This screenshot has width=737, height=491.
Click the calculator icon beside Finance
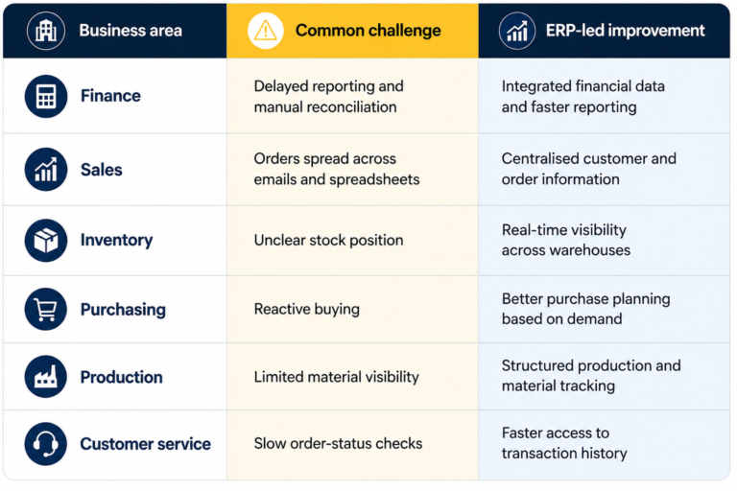point(46,96)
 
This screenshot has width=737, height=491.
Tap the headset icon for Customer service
point(46,444)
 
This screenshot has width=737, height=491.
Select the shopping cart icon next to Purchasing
point(46,309)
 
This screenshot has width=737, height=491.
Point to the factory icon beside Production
point(46,376)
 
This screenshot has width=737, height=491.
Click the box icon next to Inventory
point(46,240)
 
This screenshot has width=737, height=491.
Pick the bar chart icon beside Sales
point(46,169)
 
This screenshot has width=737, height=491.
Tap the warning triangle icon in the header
point(266,31)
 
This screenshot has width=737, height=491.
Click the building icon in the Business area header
point(46,31)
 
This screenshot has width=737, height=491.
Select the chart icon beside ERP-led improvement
point(517,31)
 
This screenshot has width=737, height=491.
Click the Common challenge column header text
point(368,31)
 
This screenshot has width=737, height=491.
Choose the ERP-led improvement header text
point(625,31)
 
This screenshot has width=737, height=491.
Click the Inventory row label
point(116,240)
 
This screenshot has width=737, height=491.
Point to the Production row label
point(121,377)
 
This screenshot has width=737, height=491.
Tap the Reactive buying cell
point(307,309)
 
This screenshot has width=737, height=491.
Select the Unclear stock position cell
point(328,240)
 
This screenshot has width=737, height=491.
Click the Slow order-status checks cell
point(338,444)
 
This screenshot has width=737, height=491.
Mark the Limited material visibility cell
point(337,377)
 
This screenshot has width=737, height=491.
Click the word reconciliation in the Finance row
point(351,107)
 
